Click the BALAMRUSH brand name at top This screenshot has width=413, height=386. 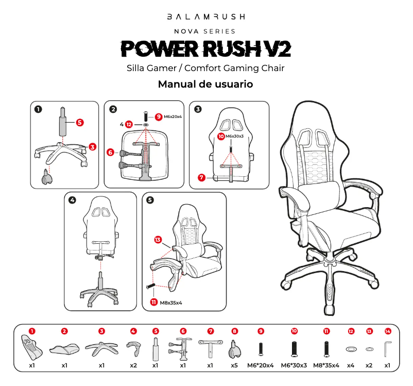pos(206,17)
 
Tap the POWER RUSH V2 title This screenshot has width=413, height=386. pos(206,49)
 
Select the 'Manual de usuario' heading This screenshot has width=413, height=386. pos(205,84)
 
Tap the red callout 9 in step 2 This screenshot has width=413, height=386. pos(159,117)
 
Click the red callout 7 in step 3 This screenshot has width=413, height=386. pos(201,177)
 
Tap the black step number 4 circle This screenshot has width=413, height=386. pos(72,200)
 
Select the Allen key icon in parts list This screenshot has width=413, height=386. pos(387,349)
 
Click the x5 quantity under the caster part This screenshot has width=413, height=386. pos(234,365)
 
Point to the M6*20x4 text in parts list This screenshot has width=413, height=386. pos(261,365)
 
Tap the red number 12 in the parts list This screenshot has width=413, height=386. pos(351,331)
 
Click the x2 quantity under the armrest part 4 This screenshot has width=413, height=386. pos(133,365)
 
